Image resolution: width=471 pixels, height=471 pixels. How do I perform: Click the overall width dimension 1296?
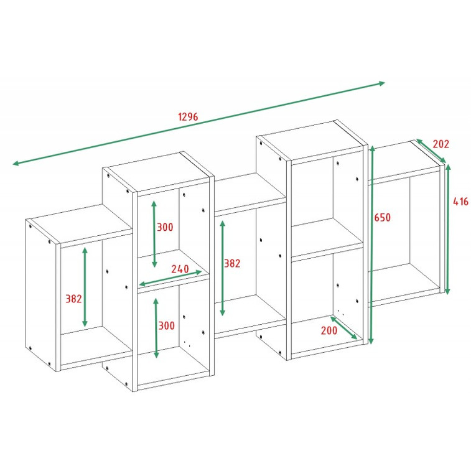189,116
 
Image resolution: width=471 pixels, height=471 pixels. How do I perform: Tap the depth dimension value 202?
441,144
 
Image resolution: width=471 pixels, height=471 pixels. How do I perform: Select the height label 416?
460,201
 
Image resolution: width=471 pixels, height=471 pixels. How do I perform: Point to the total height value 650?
383,217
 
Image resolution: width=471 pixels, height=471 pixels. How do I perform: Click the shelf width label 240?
180,269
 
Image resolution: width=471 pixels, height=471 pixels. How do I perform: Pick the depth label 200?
329,330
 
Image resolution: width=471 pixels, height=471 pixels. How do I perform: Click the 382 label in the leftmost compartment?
73,299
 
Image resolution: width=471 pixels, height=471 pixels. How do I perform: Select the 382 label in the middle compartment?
232,263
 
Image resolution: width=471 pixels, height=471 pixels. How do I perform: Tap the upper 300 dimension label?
166,227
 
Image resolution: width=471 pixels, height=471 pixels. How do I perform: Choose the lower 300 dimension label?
166,325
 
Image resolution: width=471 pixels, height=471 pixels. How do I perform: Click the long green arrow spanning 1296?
199,123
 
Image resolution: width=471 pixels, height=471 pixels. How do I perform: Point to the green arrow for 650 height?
372,245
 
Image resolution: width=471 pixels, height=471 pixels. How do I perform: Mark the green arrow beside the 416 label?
447,229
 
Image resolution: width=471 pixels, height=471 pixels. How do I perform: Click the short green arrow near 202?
431,151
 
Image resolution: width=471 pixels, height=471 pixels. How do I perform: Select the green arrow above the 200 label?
343,327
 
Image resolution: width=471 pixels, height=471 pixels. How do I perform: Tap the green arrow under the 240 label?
170,278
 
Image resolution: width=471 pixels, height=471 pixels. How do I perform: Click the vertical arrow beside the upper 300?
154,234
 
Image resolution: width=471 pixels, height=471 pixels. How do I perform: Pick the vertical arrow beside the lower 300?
156,328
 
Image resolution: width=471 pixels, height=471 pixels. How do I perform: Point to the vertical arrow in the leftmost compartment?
85,287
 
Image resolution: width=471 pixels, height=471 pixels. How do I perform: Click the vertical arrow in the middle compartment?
222,268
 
